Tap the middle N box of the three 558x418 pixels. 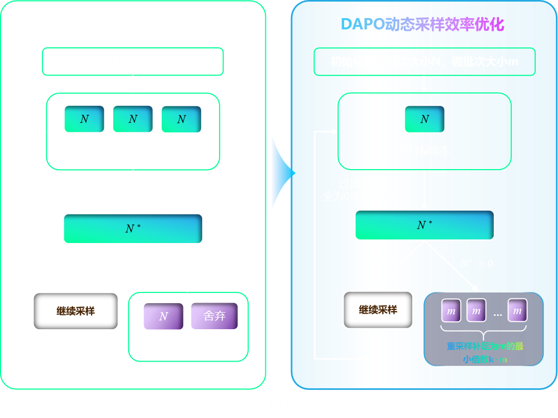tap(132, 119)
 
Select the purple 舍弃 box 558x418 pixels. tap(214, 316)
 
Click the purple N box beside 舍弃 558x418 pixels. tap(163, 316)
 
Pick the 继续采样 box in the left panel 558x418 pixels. tap(76, 311)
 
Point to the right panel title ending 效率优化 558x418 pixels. tap(422, 24)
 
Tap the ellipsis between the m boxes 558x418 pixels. tap(497, 314)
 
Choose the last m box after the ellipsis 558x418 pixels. tap(517, 311)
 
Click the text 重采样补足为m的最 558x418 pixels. tap(485, 346)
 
